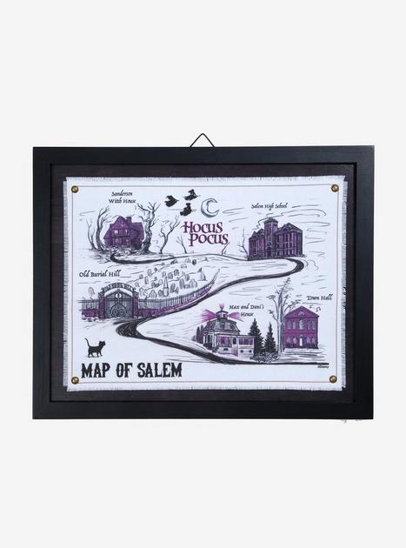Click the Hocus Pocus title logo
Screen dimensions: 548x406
pyautogui.click(x=205, y=232)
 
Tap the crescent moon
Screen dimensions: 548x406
pyautogui.click(x=210, y=207)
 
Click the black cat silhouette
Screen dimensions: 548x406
pyautogui.click(x=95, y=347)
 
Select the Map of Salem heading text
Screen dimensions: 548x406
pyautogui.click(x=131, y=370)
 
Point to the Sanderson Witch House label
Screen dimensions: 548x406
pyautogui.click(x=122, y=197)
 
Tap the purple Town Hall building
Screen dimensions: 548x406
pyautogui.click(x=301, y=327)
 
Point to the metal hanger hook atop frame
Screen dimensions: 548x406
pyautogui.click(x=203, y=140)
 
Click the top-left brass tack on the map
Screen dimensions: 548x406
pyautogui.click(x=74, y=188)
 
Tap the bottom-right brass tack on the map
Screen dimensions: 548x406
pyautogui.click(x=333, y=379)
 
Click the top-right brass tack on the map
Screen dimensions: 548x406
pyautogui.click(x=335, y=187)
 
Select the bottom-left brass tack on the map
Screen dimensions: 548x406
pyautogui.click(x=74, y=380)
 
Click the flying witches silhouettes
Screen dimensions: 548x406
pyautogui.click(x=182, y=203)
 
